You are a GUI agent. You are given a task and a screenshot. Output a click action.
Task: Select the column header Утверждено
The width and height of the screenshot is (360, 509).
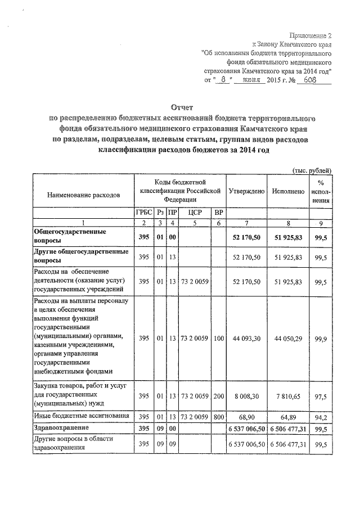click(246, 191)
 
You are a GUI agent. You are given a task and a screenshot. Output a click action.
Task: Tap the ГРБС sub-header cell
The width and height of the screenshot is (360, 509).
click(143, 213)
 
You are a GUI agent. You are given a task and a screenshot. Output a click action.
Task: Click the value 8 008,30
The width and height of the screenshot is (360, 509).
click(246, 397)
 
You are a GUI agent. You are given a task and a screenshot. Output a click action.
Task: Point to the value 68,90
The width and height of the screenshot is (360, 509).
click(246, 417)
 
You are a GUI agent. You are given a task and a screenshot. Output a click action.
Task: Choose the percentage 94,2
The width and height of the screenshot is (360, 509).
click(321, 417)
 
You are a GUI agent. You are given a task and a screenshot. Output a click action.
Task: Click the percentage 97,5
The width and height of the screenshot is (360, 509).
click(321, 397)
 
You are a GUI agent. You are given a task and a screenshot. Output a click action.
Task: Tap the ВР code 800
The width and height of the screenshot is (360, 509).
click(219, 417)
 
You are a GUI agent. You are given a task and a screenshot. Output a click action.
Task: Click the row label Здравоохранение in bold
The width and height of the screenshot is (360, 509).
click(62, 429)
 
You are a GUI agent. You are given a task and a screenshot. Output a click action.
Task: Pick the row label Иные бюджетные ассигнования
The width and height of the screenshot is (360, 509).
click(78, 416)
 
